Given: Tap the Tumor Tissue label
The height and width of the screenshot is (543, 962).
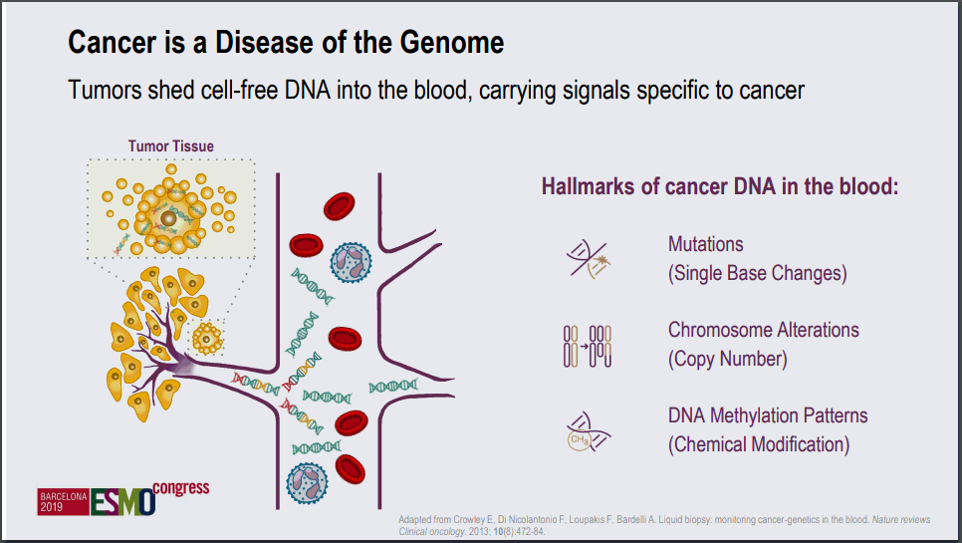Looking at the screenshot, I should (170, 145).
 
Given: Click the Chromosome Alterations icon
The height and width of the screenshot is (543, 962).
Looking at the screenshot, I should (587, 345).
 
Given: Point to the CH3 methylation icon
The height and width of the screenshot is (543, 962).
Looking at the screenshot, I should (588, 430).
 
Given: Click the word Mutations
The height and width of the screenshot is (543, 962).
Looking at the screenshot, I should (706, 244).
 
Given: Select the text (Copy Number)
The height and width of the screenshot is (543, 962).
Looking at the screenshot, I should (727, 359).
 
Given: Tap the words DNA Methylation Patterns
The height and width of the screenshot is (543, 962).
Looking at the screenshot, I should (768, 415).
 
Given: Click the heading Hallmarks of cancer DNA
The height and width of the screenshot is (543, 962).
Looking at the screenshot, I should (720, 186).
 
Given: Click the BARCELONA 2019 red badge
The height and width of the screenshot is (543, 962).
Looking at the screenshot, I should (63, 501).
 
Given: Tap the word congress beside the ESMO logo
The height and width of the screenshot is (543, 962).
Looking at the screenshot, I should (183, 487).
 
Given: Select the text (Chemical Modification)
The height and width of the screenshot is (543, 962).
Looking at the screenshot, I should (759, 444).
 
